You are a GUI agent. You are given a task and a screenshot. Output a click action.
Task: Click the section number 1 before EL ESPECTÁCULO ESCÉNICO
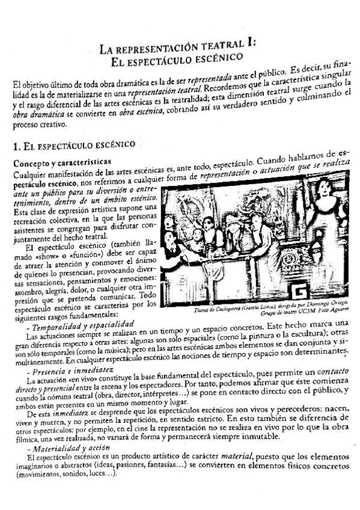(x=16, y=146)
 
